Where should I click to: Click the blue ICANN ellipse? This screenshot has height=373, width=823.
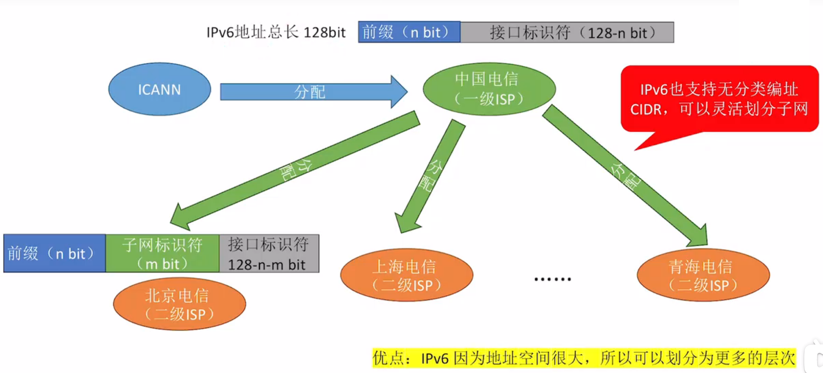pyautogui.click(x=159, y=89)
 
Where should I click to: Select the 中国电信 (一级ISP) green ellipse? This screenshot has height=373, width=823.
pyautogui.click(x=489, y=89)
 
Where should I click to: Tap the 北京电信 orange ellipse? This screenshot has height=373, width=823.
pyautogui.click(x=179, y=304)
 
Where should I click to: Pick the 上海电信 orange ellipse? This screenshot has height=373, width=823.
pyautogui.click(x=406, y=275)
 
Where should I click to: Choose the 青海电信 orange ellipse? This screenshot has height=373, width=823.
pyautogui.click(x=703, y=275)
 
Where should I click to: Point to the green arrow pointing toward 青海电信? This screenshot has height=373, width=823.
pyautogui.click(x=625, y=175)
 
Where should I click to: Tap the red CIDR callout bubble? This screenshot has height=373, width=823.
pyautogui.click(x=720, y=99)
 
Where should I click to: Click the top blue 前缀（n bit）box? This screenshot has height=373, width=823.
pyautogui.click(x=409, y=32)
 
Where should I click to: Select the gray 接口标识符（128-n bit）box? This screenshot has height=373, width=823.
pyautogui.click(x=567, y=32)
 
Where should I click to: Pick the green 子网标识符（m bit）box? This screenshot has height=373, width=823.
pyautogui.click(x=162, y=254)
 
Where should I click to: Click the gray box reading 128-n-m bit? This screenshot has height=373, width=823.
pyautogui.click(x=269, y=254)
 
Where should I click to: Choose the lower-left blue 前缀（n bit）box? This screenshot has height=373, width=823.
pyautogui.click(x=54, y=254)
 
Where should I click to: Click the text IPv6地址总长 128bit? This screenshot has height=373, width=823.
pyautogui.click(x=276, y=33)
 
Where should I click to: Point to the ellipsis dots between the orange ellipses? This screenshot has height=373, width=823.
pyautogui.click(x=552, y=279)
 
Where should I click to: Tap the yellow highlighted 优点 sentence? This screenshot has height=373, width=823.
pyautogui.click(x=584, y=358)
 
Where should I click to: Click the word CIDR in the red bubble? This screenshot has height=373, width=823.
pyautogui.click(x=646, y=110)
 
